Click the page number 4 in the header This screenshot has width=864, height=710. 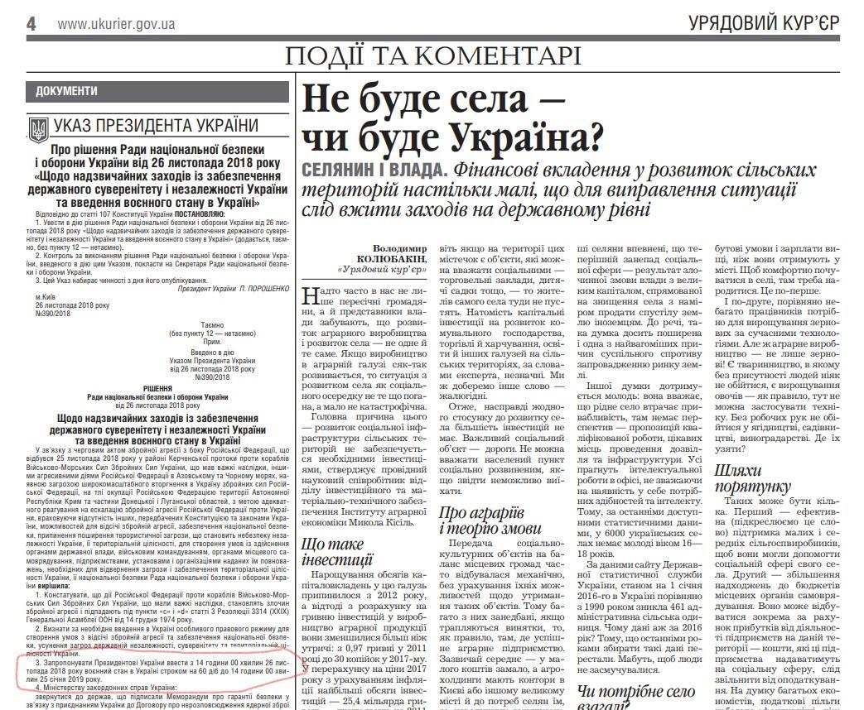coord(31,23)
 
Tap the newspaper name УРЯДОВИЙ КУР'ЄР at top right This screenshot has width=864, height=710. coord(763,24)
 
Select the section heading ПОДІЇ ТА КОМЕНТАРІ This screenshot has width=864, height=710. coord(432,55)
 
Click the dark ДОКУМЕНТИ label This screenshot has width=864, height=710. coord(67,92)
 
